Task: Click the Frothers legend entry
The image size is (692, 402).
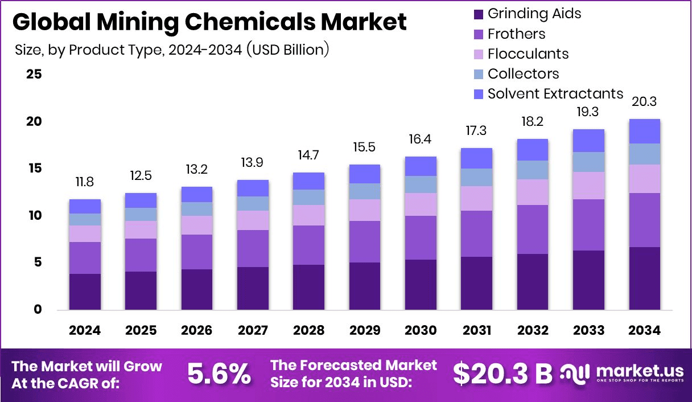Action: [x=516, y=34]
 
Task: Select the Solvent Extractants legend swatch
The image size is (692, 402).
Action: [x=478, y=94]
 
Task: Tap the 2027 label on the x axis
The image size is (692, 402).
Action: [x=253, y=331]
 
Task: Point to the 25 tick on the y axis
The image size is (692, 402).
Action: [x=34, y=75]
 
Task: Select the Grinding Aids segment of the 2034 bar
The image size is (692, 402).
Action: [x=644, y=278]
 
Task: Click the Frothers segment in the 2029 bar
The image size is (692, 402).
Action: [x=364, y=241]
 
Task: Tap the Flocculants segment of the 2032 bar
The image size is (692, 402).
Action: [x=533, y=192]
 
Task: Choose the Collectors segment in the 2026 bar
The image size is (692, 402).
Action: [x=197, y=209]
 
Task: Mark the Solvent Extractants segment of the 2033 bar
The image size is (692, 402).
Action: [x=588, y=141]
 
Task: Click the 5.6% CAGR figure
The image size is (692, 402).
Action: [x=219, y=374]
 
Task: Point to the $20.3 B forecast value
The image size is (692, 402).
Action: [x=502, y=374]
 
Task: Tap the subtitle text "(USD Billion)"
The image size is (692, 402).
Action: [x=288, y=50]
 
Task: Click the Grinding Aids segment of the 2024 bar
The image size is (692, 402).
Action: [x=85, y=292]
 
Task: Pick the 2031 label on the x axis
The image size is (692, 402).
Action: [x=476, y=331]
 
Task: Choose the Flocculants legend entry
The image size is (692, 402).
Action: [x=528, y=54]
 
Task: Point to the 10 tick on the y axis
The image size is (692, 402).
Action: [x=34, y=216]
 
